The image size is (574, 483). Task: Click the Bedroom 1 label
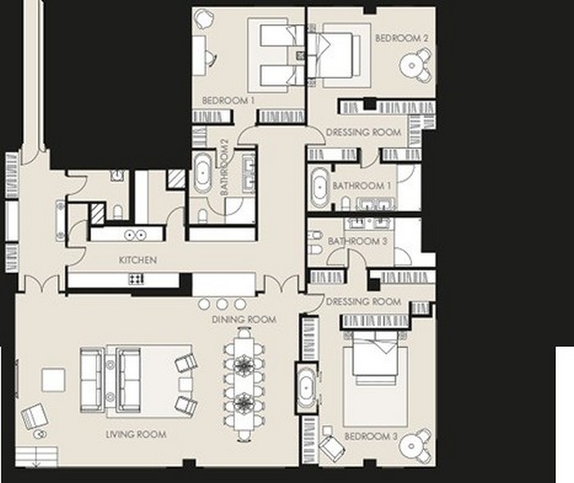(228, 100)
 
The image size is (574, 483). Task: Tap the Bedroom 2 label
(402, 38)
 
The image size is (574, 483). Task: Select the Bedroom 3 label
(371, 436)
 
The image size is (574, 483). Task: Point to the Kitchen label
(138, 260)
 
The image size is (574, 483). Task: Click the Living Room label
(136, 435)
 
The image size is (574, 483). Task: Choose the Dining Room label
(244, 320)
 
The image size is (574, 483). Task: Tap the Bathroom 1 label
(362, 185)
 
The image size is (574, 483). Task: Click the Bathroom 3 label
(358, 241)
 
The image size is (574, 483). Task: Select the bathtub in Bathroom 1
(320, 189)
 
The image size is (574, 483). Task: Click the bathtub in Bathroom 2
(203, 173)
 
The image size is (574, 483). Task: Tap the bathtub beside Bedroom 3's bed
(306, 388)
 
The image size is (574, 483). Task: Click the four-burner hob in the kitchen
(136, 279)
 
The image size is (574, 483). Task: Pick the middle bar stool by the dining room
(222, 304)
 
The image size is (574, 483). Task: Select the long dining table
(244, 381)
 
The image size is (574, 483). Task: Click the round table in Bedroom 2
(412, 66)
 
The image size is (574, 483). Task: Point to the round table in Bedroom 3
(412, 446)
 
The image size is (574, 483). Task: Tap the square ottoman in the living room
(53, 380)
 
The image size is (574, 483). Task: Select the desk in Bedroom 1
(198, 56)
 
